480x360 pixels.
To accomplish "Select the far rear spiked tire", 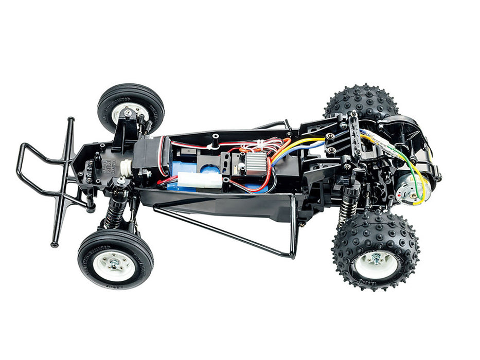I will pyautogui.click(x=360, y=100).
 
